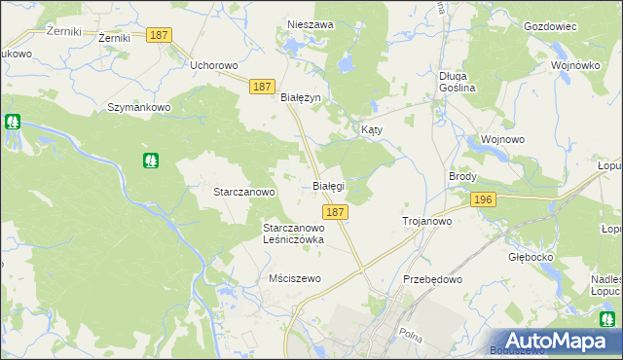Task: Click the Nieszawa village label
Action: coord(311,24)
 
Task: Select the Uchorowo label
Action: coord(214,66)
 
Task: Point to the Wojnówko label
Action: coord(574,65)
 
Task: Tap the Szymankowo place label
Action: coord(139,107)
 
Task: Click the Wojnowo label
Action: coord(502,139)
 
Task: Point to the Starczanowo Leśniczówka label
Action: coord(293,234)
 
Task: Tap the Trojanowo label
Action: coord(426,222)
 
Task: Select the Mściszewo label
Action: coord(294,278)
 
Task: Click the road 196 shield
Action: coord(482,199)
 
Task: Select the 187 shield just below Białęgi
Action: coord(334,211)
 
